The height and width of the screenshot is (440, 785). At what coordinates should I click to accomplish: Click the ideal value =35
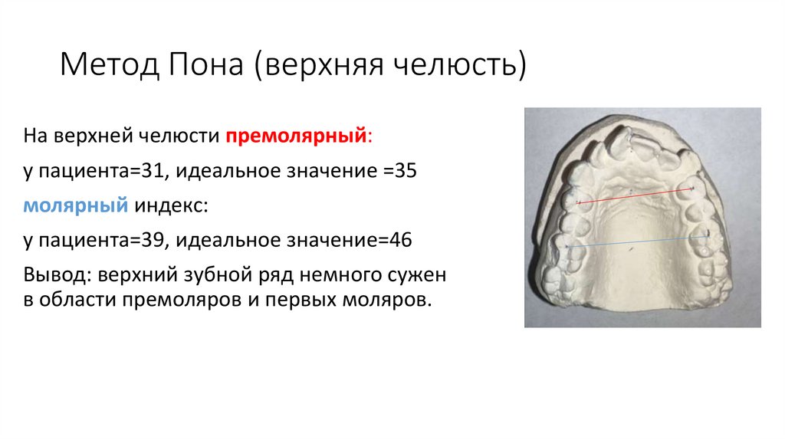(396, 171)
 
